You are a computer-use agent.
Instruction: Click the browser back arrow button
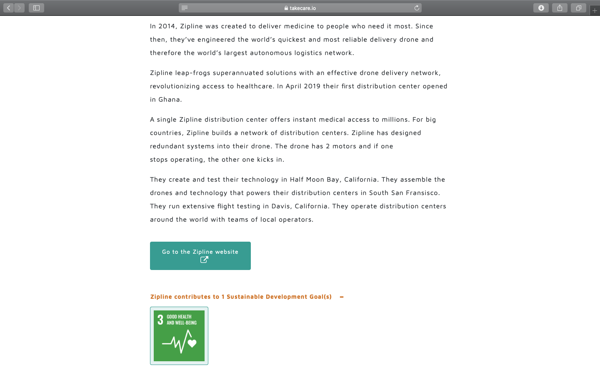[8, 8]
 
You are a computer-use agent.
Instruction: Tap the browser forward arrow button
[19, 8]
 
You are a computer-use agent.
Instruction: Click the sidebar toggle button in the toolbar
[36, 8]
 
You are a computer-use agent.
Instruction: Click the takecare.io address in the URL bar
[302, 8]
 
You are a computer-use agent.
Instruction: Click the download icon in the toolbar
[541, 8]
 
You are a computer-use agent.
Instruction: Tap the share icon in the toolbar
[560, 8]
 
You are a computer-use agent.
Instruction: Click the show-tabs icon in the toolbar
[578, 8]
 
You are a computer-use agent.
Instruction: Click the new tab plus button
[595, 10]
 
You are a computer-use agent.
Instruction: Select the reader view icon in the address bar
[185, 8]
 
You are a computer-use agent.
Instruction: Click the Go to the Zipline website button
[200, 252]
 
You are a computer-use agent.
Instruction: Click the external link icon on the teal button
[204, 260]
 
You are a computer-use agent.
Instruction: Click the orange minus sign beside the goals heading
[342, 297]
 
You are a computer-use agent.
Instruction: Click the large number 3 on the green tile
[160, 320]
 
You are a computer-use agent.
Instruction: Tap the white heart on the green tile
[192, 343]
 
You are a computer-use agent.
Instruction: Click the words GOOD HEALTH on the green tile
[179, 317]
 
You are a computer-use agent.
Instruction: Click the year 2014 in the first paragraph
[167, 26]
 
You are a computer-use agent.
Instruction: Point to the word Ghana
[169, 100]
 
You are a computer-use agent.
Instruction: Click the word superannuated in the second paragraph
[238, 73]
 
